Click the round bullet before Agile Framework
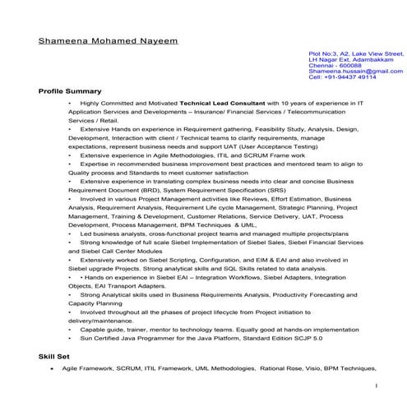pyautogui.click(x=53, y=370)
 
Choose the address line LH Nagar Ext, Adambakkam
pyautogui.click(x=349, y=59)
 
